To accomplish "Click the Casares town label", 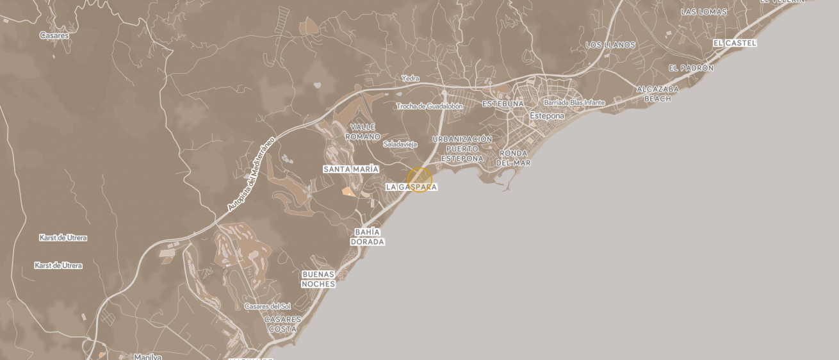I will tap(54, 36).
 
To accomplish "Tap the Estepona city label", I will tap(547, 116).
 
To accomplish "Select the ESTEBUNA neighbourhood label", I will tap(503, 104).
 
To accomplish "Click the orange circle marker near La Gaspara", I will tap(419, 180).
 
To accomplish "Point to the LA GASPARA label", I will tap(411, 187).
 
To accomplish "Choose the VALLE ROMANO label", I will tap(362, 132).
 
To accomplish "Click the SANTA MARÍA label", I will tap(350, 169).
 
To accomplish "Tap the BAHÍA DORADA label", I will tap(367, 237).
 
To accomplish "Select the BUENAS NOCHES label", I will tap(318, 279).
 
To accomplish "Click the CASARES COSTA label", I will tap(282, 324).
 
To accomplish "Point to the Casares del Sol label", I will tap(268, 307).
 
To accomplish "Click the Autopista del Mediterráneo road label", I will tap(250, 174).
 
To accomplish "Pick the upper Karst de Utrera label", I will tap(63, 238).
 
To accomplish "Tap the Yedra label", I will tap(410, 79).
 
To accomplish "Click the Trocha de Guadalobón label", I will tap(429, 106).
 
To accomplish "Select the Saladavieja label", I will tap(400, 144).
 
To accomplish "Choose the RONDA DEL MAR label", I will tap(513, 158).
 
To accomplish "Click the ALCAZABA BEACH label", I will tap(658, 94).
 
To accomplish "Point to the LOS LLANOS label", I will tap(610, 45).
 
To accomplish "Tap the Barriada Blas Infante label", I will tap(574, 102).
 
